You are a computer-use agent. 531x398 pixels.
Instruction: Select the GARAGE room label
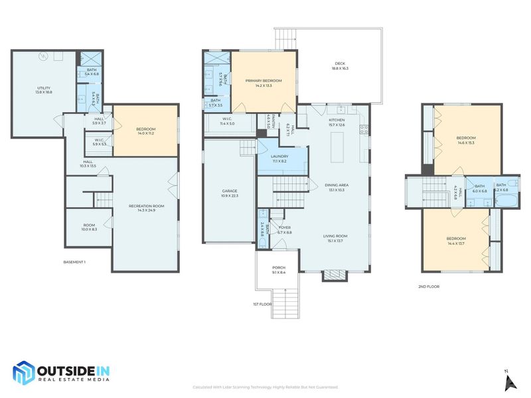[230, 193]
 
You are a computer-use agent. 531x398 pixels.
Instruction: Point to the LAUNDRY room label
[279, 158]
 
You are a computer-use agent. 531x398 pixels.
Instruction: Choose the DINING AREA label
[337, 186]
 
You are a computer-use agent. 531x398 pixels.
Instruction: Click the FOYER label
[284, 230]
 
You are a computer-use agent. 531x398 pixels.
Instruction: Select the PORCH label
[279, 269]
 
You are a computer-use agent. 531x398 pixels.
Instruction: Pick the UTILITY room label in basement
[43, 90]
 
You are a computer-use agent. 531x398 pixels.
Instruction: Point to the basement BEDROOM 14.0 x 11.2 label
[145, 131]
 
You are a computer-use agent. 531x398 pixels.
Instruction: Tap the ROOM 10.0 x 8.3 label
[89, 227]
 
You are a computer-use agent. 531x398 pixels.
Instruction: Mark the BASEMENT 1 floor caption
[74, 262]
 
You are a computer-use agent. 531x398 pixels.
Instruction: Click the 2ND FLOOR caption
[429, 287]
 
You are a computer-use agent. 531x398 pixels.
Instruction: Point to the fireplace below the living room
[334, 275]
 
